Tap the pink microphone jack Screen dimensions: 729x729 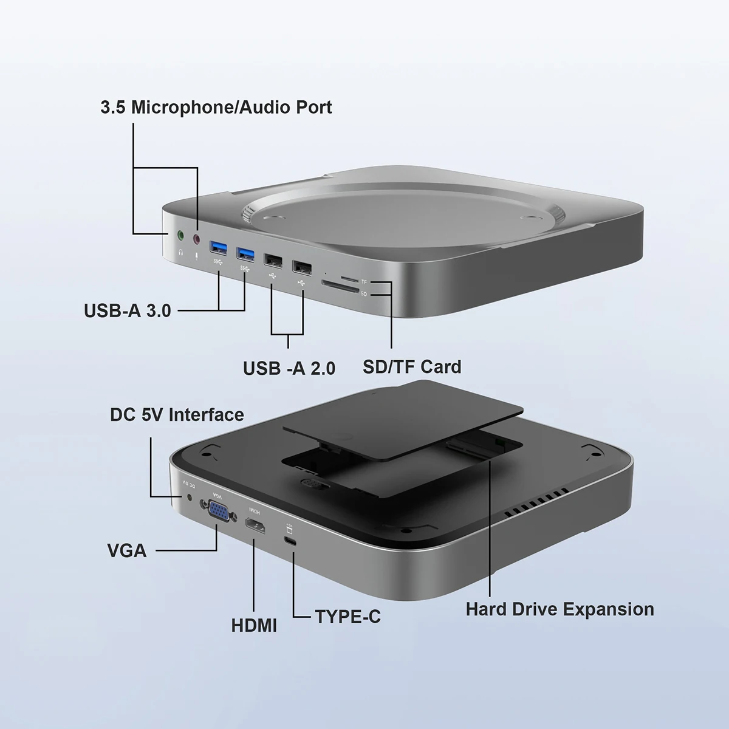[x=196, y=239]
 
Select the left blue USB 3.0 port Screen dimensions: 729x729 [x=219, y=247]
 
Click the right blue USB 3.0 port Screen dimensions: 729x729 [x=245, y=252]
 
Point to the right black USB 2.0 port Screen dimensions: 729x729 [x=301, y=266]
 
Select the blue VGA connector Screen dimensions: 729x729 [x=219, y=512]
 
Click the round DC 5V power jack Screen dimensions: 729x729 [x=192, y=498]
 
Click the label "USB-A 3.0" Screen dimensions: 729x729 [x=128, y=310]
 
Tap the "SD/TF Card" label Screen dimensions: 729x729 [x=412, y=367]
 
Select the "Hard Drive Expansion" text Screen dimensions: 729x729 [x=560, y=609]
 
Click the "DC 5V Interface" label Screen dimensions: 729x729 [x=177, y=415]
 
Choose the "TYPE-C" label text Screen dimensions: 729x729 [x=347, y=617]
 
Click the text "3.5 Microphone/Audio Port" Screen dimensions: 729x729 [x=216, y=108]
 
